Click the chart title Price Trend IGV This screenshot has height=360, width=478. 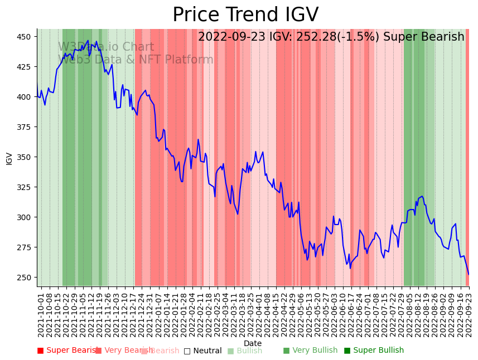(x=245, y=15)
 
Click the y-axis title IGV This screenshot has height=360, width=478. (x=9, y=158)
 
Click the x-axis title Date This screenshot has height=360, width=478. (x=253, y=343)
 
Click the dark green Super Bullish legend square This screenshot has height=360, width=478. (x=347, y=351)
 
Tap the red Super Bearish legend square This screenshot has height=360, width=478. (x=40, y=351)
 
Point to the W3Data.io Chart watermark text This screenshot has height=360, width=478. (x=106, y=47)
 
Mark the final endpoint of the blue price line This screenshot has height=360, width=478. (x=469, y=274)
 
